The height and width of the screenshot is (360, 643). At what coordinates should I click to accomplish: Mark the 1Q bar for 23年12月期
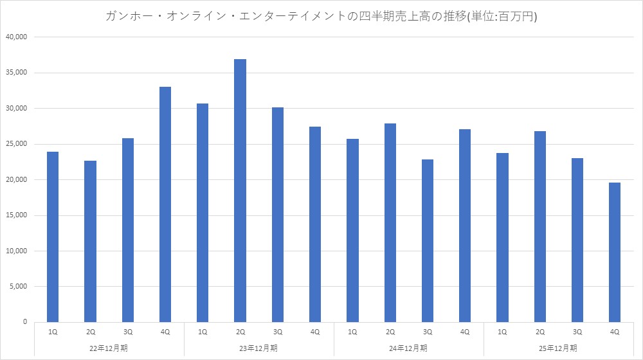[203, 212]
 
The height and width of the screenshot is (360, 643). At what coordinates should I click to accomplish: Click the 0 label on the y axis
[24, 322]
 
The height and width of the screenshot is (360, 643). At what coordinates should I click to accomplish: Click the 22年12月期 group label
[109, 348]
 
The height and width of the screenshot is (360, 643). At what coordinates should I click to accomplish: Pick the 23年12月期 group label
[259, 348]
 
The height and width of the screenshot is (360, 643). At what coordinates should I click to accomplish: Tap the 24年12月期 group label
[409, 348]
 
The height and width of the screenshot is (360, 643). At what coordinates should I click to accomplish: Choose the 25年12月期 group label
[559, 348]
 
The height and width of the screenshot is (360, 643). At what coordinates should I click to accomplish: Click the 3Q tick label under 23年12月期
[278, 332]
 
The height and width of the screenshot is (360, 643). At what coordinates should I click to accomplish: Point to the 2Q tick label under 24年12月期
[390, 332]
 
